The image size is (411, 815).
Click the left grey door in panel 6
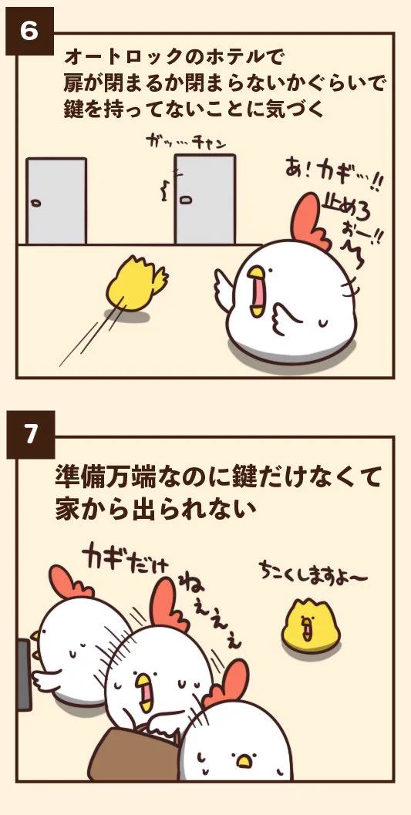(56, 201)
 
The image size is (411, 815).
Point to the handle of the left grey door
(35, 203)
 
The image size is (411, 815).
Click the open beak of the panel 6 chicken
(261, 292)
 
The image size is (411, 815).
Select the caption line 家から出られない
(154, 509)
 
